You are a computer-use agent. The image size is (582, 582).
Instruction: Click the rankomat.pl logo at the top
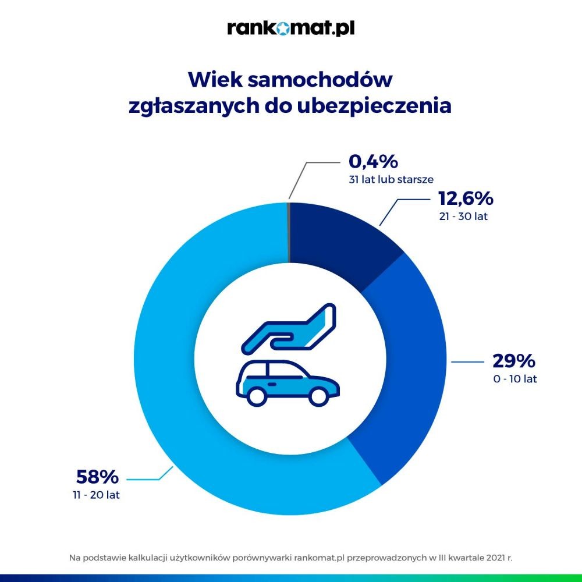[x=290, y=28]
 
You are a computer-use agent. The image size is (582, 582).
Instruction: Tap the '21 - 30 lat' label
[x=464, y=217]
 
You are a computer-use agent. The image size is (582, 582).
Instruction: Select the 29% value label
[x=514, y=361]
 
